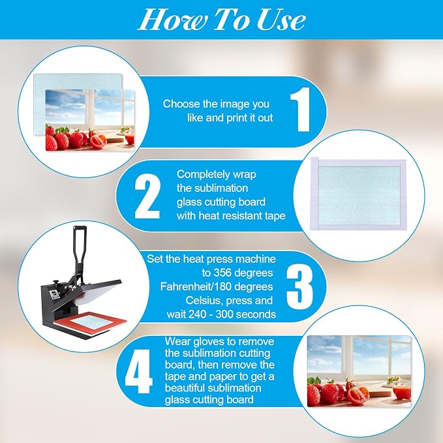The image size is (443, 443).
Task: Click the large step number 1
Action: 301,110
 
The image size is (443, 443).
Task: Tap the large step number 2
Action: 147,196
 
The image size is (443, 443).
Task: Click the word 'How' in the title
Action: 172,20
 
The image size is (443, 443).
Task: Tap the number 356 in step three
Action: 222,273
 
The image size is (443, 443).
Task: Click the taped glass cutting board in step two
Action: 358,194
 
